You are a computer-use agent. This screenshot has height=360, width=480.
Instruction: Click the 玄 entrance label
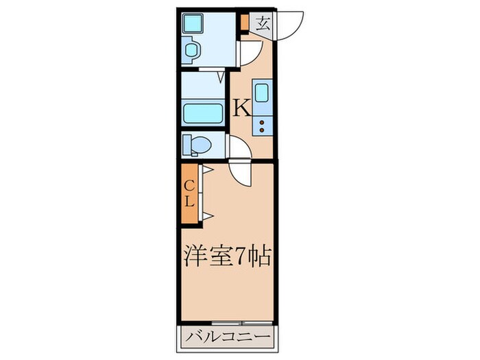coord(263,23)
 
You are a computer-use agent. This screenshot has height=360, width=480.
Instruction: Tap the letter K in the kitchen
coord(241,108)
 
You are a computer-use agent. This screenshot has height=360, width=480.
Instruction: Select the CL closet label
coord(190,193)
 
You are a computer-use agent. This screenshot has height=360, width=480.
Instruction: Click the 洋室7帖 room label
coord(228,257)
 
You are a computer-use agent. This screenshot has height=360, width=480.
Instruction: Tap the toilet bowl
coord(197,145)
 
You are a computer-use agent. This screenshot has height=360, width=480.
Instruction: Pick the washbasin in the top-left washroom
coord(192,49)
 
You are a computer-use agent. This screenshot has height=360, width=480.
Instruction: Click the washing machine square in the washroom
coord(191,23)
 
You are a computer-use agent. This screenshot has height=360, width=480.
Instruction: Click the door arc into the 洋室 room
coord(241,172)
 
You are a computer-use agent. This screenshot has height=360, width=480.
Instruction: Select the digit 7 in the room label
coord(243,257)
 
